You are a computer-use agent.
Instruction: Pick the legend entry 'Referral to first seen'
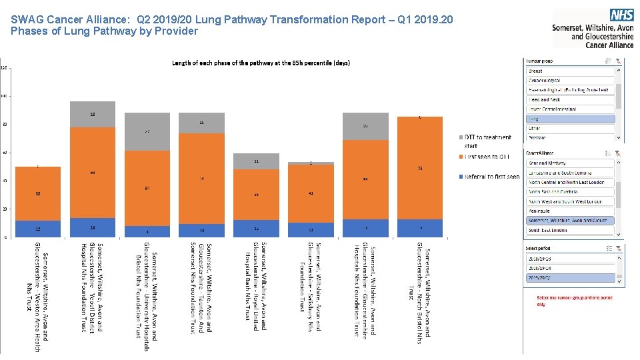tap(492, 177)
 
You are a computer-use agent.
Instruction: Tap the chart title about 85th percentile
tap(261, 63)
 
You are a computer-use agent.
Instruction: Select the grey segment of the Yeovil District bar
tap(93, 113)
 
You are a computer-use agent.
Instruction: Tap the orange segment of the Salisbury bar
tap(311, 193)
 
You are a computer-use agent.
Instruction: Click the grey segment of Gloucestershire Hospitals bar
tap(365, 126)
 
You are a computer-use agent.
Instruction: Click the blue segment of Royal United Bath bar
tap(256, 228)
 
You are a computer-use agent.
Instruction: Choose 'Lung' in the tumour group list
tap(570, 119)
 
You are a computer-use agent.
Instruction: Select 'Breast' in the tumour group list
tap(570, 71)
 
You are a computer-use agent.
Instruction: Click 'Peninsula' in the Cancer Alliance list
tap(570, 211)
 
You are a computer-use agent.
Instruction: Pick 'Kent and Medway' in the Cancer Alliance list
tap(570, 163)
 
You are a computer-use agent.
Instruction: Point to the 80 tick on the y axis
tap(4, 125)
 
